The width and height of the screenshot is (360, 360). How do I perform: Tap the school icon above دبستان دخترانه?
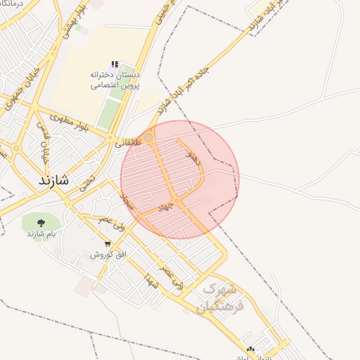(x=115, y=64)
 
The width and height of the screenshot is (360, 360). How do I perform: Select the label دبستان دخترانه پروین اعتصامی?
(x=115, y=79)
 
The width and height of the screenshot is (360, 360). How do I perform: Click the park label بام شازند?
(x=41, y=233)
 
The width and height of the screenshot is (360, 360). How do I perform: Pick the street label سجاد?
(x=127, y=205)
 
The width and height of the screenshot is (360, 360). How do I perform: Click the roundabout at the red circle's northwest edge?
(x=148, y=138)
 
